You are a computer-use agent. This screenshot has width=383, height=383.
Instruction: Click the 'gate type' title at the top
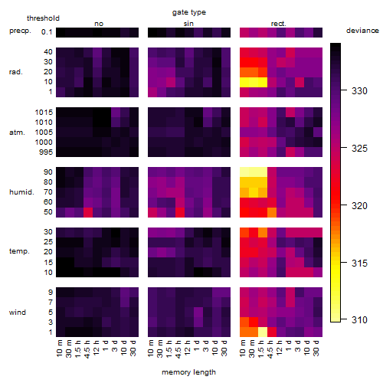click(189, 12)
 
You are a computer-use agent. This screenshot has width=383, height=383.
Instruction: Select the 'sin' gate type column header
click(188, 24)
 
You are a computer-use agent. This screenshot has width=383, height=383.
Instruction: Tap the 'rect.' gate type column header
click(278, 24)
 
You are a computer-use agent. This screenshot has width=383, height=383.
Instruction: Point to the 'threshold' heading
click(43, 18)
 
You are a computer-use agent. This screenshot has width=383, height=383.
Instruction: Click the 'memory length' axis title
click(188, 372)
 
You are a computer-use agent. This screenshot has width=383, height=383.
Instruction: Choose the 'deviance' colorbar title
click(362, 31)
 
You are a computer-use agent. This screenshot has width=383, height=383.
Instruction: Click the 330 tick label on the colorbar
click(359, 90)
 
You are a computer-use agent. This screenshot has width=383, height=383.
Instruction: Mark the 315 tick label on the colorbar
click(359, 263)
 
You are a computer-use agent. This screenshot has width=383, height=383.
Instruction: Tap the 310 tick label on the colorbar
click(359, 319)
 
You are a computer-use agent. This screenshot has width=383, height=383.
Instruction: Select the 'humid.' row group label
click(21, 192)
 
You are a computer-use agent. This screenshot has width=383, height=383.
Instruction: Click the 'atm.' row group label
click(17, 133)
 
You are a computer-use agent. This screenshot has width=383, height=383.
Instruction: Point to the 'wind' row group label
click(18, 312)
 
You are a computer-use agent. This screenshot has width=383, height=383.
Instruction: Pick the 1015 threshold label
click(44, 112)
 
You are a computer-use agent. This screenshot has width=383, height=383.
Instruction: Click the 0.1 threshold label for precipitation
click(47, 32)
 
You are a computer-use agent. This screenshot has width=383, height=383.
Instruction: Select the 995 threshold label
click(46, 152)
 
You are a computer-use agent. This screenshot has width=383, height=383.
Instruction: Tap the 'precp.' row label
click(20, 31)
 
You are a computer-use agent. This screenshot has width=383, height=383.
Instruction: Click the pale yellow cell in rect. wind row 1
click(263, 332)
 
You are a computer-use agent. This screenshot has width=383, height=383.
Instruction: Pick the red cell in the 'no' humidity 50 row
click(88, 212)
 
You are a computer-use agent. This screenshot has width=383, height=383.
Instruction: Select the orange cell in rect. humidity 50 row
click(272, 212)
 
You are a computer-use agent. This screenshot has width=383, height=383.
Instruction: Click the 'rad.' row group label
click(16, 72)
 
